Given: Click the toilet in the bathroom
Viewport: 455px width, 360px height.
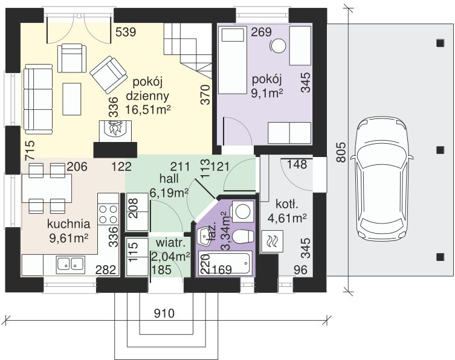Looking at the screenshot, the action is [242, 237].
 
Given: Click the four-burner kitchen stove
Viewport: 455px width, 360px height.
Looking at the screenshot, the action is [108, 214].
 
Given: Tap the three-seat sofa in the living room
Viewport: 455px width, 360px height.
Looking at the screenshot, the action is [39, 99].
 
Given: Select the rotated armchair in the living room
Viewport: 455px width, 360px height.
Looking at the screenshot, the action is [109, 74].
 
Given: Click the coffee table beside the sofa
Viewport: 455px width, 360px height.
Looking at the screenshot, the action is [72, 98].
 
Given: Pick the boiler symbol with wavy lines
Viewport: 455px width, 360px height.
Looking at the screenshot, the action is [272, 241].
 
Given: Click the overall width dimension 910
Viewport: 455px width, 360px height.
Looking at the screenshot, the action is [164, 313].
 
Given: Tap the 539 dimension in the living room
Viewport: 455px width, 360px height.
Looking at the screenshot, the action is [126, 32].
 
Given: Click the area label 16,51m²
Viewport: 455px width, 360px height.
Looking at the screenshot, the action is [147, 109].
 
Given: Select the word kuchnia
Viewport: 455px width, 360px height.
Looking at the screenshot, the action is [68, 224].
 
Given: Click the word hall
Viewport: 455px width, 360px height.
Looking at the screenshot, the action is [169, 179].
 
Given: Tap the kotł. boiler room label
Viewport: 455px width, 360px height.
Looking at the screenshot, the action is [287, 205].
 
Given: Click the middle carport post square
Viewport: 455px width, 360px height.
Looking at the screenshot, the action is [440, 150].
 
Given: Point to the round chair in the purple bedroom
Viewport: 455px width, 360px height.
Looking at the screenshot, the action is [279, 45].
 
